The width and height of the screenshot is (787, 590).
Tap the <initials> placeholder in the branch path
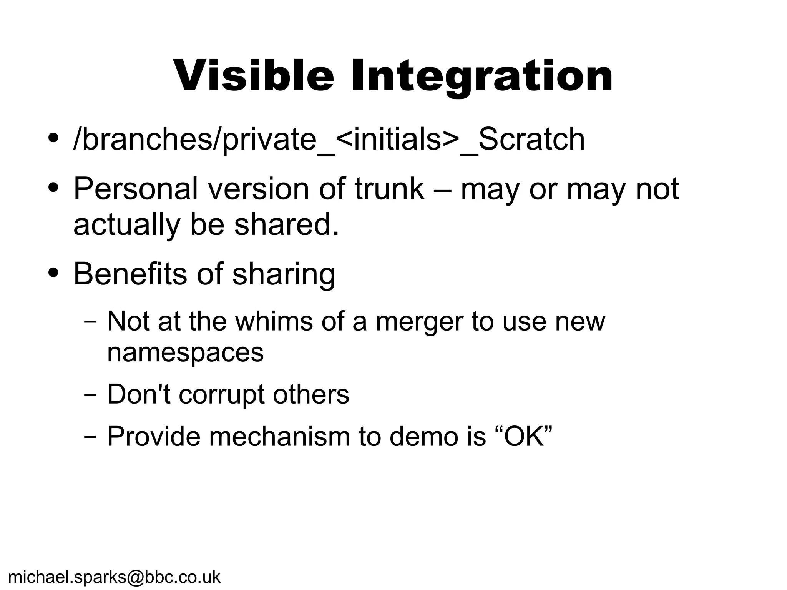point(398,139)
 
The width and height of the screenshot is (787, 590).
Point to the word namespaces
point(185,353)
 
